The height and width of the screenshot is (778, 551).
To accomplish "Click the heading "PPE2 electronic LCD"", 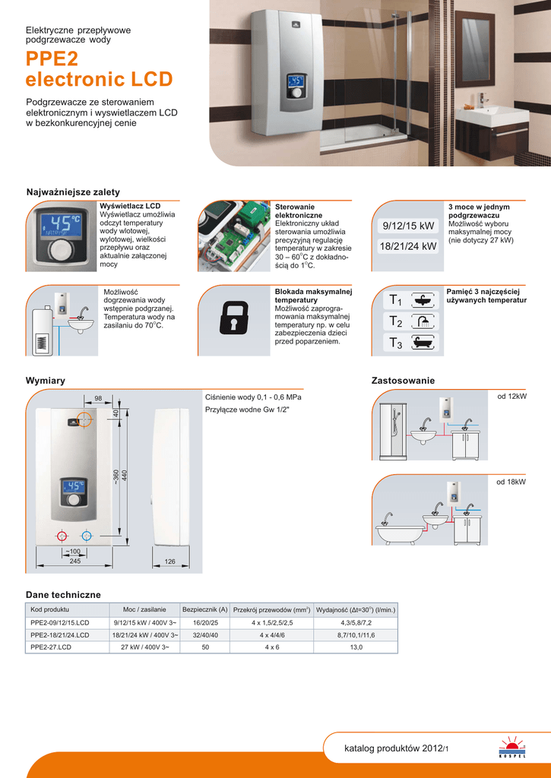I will coord(99,69).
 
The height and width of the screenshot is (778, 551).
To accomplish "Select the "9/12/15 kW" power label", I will coord(409,226).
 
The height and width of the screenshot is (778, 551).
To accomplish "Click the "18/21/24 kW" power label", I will coord(409,246).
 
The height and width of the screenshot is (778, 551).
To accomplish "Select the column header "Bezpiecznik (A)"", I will coord(205,610).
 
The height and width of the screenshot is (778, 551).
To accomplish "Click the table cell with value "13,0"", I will coord(356,647).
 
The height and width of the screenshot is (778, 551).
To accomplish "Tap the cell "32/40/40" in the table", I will coord(205,635).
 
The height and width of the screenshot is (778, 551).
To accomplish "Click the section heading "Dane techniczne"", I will coord(63,594).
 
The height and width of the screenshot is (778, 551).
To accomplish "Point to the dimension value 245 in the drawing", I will coord(74,561).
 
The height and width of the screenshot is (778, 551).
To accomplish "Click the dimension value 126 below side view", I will coord(170,561).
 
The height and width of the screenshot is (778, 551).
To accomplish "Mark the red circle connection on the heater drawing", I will coord(64,536).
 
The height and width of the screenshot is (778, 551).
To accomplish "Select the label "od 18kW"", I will coord(511,482).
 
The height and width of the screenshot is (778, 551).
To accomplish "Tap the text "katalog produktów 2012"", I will coord(392,748).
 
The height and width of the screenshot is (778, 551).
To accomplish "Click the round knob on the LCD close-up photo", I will coord(66,250).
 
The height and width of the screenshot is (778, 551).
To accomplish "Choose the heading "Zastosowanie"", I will coord(403,380).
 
